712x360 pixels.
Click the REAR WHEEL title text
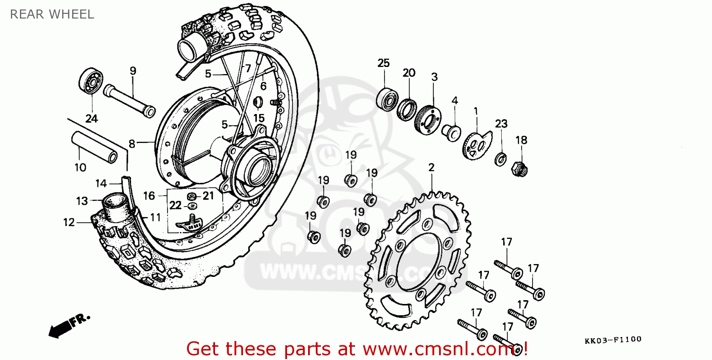pos(52,14)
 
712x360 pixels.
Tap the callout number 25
pos(384,63)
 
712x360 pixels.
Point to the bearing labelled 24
pos(90,81)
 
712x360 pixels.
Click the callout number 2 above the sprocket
pos(431,168)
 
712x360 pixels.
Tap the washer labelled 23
pos(500,159)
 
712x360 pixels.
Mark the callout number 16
pos(149,196)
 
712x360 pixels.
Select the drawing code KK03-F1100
pos(613,339)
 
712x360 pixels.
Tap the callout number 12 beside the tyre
pos(69,222)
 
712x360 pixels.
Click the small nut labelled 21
pos(192,196)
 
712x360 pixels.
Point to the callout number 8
pos(132,143)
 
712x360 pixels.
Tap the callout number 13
pos(82,201)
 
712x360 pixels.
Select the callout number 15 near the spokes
pos(258,118)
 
